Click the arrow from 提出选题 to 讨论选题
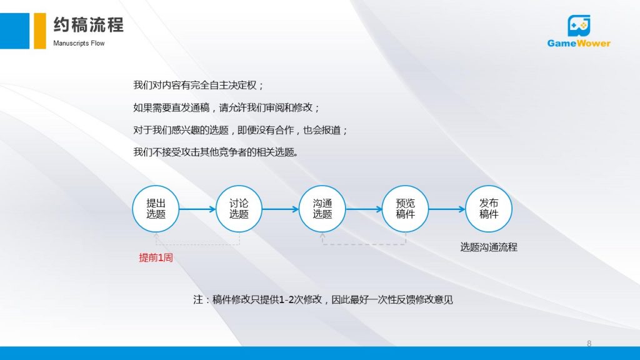pos(197,209)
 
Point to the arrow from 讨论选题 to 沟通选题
pos(281,209)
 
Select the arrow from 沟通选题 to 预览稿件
pos(364,209)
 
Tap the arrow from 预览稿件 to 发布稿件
pos(447,209)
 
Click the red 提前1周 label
pos(156,257)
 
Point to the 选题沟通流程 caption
pos(489,247)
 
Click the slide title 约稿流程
pos(88,25)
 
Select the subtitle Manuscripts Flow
pos(79,43)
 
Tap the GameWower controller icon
pos(579,26)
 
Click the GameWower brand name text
pos(579,43)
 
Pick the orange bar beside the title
pos(39,31)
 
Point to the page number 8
pos(589,344)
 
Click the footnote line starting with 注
pos(323,299)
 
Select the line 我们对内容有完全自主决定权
pos(198,85)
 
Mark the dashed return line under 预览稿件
pos(364,244)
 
